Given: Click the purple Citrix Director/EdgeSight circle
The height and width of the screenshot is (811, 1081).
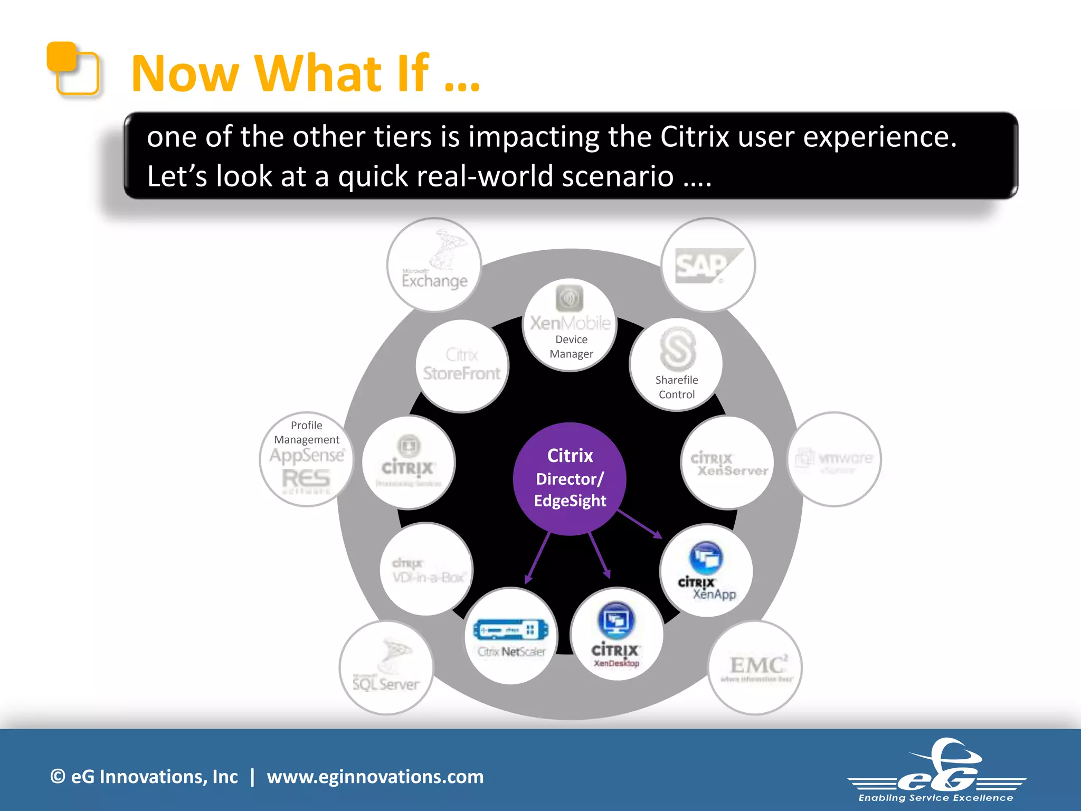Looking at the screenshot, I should (x=570, y=478).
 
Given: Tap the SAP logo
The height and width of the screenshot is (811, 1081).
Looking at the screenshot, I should (x=708, y=265).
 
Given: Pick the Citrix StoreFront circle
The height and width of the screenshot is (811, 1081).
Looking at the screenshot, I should (x=462, y=365).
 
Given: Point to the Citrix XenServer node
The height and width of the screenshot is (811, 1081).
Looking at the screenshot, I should (x=728, y=463).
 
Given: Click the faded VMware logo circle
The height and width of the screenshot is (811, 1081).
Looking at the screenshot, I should (x=835, y=459).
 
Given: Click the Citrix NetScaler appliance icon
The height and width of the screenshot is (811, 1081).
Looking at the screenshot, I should (x=510, y=629).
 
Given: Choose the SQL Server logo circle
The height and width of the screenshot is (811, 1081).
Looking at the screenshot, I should (x=386, y=668).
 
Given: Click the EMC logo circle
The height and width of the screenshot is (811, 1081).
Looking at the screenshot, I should (x=755, y=668).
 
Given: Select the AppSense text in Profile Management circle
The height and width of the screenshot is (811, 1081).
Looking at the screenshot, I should (x=307, y=455).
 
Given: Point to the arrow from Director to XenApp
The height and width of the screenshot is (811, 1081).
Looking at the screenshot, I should (x=639, y=524).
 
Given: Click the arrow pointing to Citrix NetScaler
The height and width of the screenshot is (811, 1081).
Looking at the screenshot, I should (x=537, y=559).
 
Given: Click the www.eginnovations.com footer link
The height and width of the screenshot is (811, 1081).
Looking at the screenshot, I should (x=375, y=777).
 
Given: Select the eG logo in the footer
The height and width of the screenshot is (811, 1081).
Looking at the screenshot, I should (x=937, y=771).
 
